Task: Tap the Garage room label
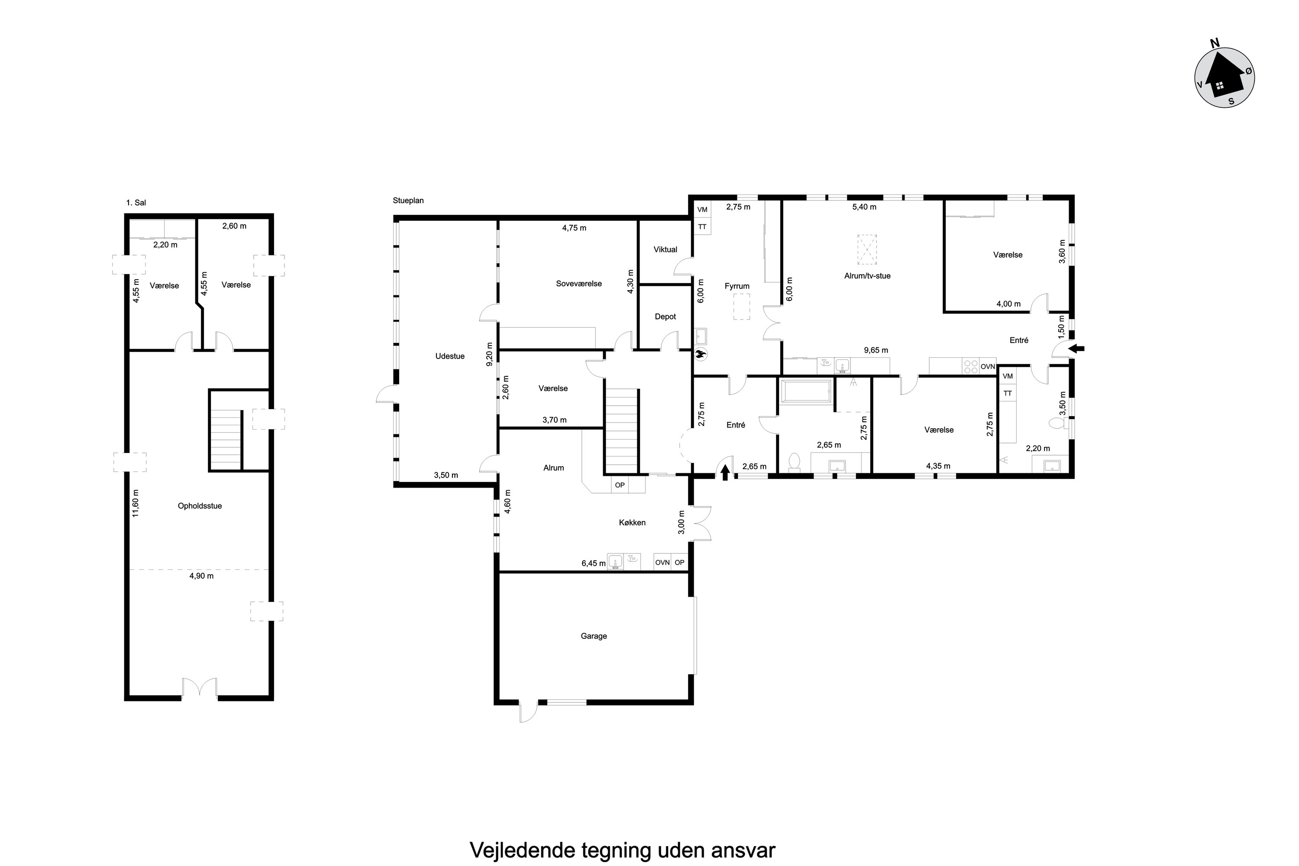coord(594,636)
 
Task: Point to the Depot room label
coord(665,317)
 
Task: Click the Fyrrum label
coord(737,286)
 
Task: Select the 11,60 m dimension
coord(135,503)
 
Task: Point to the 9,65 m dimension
coord(876,350)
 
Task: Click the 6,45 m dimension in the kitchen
coord(593,563)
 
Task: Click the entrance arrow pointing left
coord(1076,349)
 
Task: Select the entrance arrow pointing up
coord(725,472)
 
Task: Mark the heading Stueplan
coord(408,200)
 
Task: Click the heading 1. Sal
coord(136,203)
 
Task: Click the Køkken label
coord(632,523)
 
